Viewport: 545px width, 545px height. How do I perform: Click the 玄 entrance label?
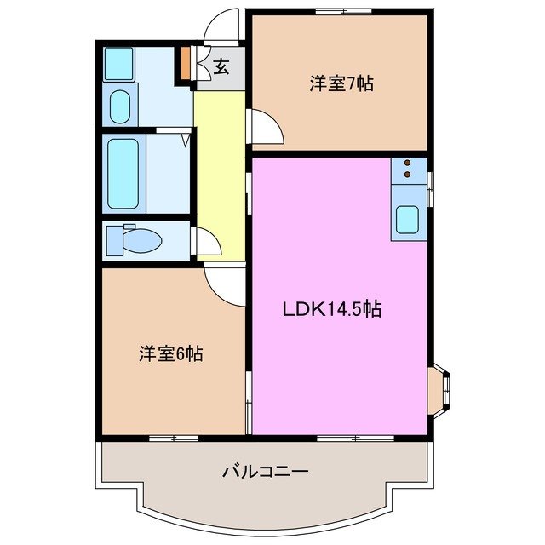click(x=221, y=67)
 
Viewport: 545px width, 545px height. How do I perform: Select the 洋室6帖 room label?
click(x=170, y=353)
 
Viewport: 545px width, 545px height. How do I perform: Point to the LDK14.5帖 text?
click(x=331, y=310)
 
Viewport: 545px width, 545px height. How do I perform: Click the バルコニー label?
click(x=265, y=470)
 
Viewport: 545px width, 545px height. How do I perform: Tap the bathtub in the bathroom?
click(x=123, y=174)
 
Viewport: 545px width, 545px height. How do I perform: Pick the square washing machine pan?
click(x=118, y=63)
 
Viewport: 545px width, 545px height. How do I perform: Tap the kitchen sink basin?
click(x=407, y=221)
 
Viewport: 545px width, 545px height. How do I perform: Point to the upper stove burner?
click(x=408, y=163)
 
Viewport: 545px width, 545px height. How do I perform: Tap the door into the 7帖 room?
click(x=265, y=128)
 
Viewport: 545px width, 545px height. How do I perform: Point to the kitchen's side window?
click(x=431, y=188)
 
